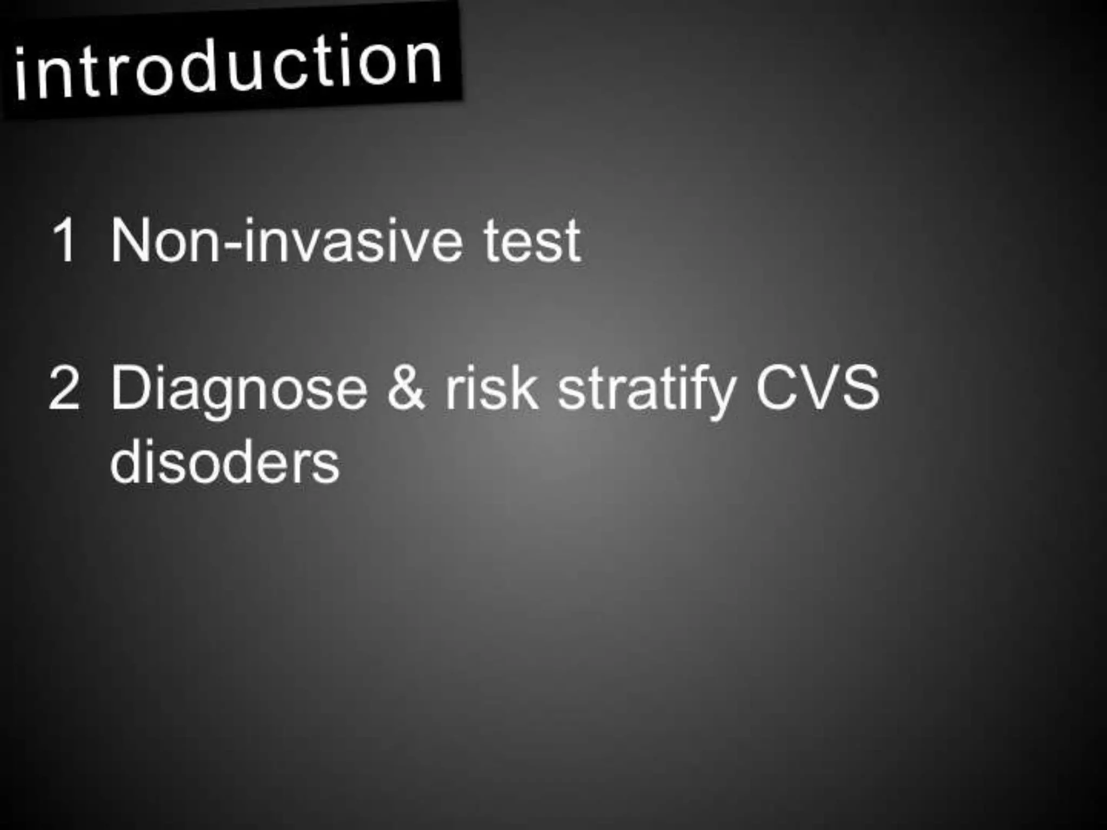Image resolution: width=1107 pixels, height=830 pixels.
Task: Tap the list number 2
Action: point(64,388)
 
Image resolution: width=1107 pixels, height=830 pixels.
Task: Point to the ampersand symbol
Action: point(406,388)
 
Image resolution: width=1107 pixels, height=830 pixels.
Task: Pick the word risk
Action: point(491,388)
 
